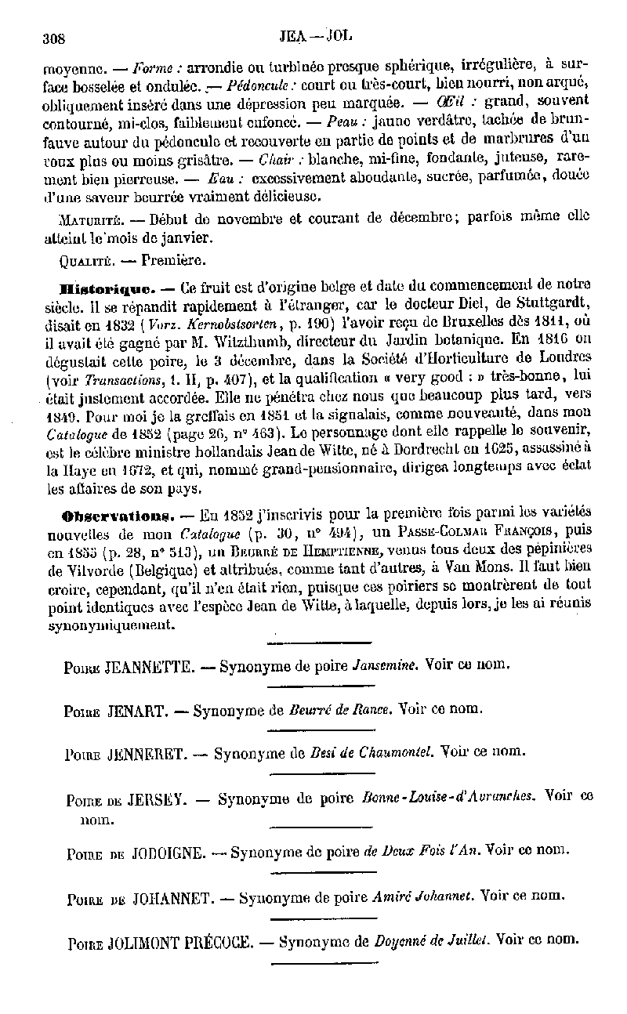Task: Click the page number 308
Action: point(53,38)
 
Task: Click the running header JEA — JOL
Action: point(317,36)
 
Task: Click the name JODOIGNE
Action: point(170,851)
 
